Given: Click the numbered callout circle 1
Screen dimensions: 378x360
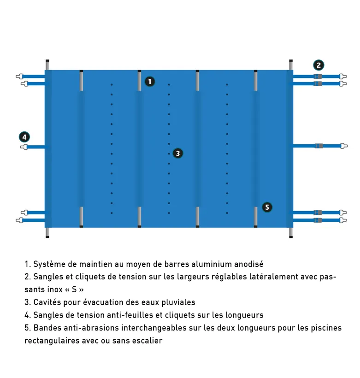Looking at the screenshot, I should click(149, 82).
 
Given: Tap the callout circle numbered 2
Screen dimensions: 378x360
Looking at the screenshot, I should click(319, 65).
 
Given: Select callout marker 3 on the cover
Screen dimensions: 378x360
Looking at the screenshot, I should click(178, 153).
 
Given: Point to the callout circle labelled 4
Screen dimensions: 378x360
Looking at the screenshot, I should click(24, 137).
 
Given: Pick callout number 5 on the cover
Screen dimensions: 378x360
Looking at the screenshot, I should click(267, 207).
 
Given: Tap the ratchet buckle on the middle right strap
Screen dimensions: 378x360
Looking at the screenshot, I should click(319, 146).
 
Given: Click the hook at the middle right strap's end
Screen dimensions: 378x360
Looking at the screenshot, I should click(343, 146).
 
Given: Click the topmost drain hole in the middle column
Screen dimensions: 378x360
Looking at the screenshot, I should click(169, 85).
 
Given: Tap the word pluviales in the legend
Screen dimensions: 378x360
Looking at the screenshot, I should click(178, 302).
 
